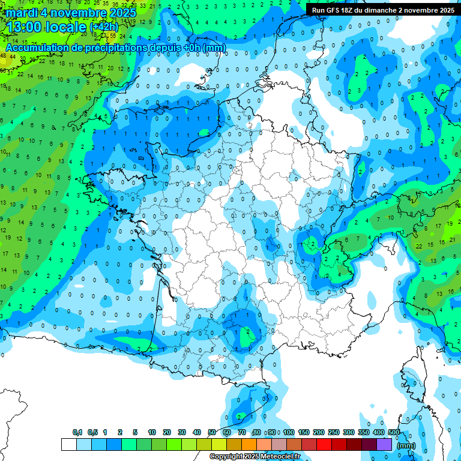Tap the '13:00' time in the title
(23, 26)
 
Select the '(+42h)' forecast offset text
(104, 26)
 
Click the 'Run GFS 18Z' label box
(383, 10)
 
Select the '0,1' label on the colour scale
(77, 432)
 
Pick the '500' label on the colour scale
(394, 432)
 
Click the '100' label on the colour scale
(289, 432)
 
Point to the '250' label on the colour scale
(334, 432)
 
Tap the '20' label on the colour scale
(167, 432)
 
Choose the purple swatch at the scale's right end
(384, 444)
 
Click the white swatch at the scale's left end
(68, 444)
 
